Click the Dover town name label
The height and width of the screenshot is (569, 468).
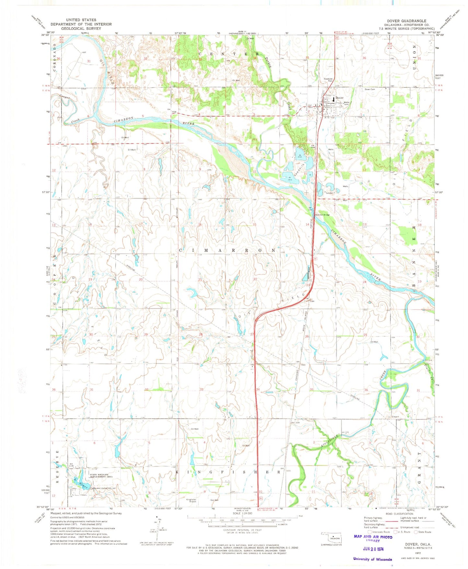coord(339,98)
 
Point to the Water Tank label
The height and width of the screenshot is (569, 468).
coord(347,104)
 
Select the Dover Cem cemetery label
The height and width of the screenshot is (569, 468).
coord(370,89)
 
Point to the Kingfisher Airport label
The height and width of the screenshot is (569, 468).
coord(191,501)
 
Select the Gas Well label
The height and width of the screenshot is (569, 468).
coord(214,500)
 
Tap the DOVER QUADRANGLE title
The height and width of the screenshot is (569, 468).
coord(406,21)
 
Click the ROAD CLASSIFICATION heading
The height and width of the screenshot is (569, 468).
coord(399,514)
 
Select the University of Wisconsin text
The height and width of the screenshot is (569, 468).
coord(372,559)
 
